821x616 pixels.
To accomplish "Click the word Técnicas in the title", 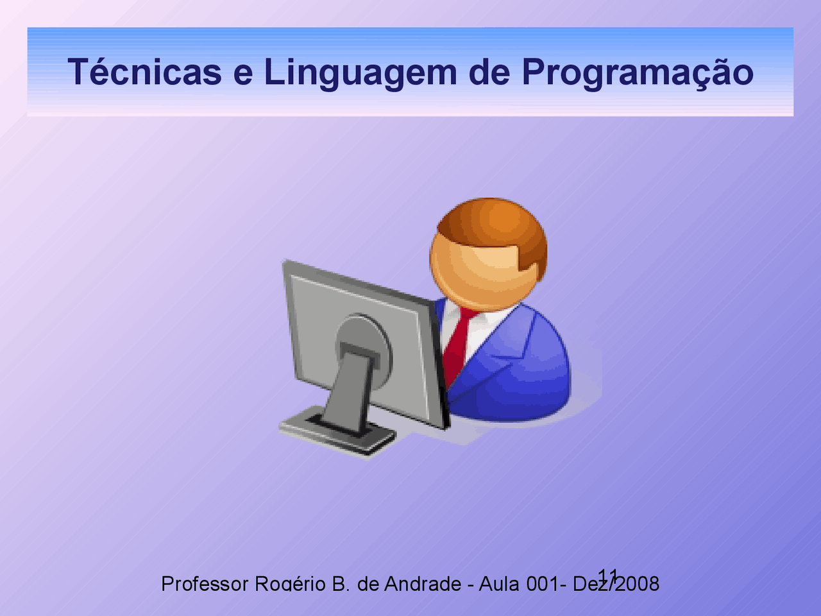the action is pyautogui.click(x=145, y=71).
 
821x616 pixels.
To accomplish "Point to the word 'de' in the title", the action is pyautogui.click(x=489, y=71).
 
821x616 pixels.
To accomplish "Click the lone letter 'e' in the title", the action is pyautogui.click(x=243, y=74).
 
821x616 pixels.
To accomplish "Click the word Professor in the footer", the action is pyautogui.click(x=205, y=583).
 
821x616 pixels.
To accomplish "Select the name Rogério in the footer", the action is pyautogui.click(x=291, y=584).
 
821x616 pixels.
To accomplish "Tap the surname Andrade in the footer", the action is pyautogui.click(x=423, y=583).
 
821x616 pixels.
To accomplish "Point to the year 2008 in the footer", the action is pyautogui.click(x=637, y=583).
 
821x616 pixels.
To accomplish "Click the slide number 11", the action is pyautogui.click(x=608, y=574).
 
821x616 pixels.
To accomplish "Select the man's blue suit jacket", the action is pyautogui.click(x=512, y=366).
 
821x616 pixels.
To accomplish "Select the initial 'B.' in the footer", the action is pyautogui.click(x=341, y=583).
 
